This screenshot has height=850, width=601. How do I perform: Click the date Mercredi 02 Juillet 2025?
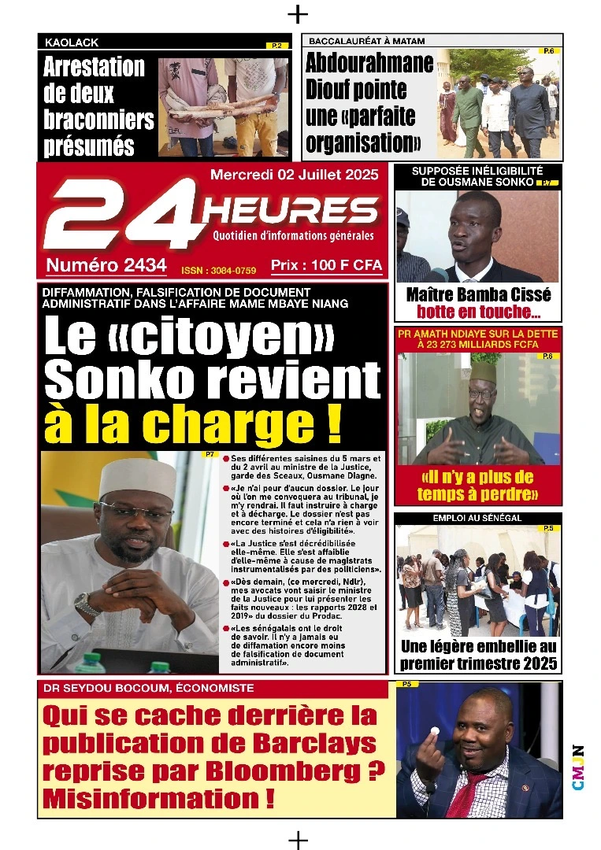click(x=294, y=174)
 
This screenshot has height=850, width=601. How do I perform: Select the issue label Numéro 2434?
click(x=106, y=266)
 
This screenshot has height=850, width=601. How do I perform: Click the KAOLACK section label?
click(x=72, y=42)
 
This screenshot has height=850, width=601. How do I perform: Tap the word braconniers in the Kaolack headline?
click(x=98, y=119)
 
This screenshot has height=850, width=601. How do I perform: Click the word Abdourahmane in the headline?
click(x=369, y=63)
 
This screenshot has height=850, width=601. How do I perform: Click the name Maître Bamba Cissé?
click(x=478, y=295)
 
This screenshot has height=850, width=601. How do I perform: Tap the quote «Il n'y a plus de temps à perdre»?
click(x=477, y=486)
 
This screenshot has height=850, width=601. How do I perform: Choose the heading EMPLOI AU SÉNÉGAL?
click(x=477, y=519)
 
